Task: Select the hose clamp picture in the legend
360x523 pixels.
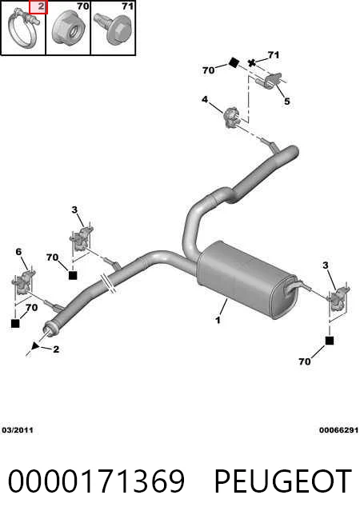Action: [x=23, y=29]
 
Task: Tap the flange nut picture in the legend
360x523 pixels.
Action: [x=69, y=28]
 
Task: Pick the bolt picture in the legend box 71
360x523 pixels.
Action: [x=113, y=28]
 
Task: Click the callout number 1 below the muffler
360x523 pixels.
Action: [x=218, y=320]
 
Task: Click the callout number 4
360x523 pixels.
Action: [x=205, y=99]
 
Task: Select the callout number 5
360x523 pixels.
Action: [x=287, y=101]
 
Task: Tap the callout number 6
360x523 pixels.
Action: [x=18, y=252]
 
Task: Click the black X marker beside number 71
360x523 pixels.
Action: [x=252, y=62]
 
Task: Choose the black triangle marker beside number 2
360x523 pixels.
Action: [x=35, y=345]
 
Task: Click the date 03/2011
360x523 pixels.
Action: [x=18, y=430]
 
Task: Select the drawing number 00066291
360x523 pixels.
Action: [x=338, y=430]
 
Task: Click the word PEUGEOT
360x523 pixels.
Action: [x=282, y=481]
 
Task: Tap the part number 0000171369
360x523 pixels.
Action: [x=96, y=481]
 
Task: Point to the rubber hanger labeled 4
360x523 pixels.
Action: [x=232, y=118]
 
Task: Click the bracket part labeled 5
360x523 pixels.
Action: [x=271, y=81]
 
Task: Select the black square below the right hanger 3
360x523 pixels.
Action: [x=330, y=341]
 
